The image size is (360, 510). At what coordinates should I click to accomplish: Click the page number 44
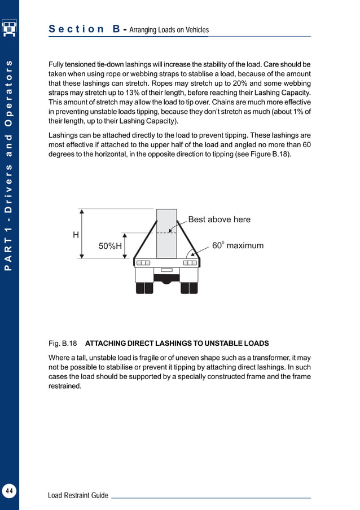(x=9, y=491)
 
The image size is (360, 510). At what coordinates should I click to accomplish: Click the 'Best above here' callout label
(x=219, y=219)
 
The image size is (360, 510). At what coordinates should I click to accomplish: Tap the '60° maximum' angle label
(x=238, y=246)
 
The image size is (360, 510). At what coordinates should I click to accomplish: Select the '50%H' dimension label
(x=110, y=247)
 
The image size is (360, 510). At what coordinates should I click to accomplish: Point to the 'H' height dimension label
(x=76, y=234)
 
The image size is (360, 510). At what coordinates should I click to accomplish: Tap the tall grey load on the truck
(x=166, y=234)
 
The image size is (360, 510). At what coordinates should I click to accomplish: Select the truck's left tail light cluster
(x=143, y=263)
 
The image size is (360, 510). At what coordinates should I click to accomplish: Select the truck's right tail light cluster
(x=190, y=263)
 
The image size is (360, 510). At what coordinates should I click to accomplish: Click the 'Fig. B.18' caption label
(x=62, y=344)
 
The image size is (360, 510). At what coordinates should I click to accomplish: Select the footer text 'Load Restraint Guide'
(x=78, y=495)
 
